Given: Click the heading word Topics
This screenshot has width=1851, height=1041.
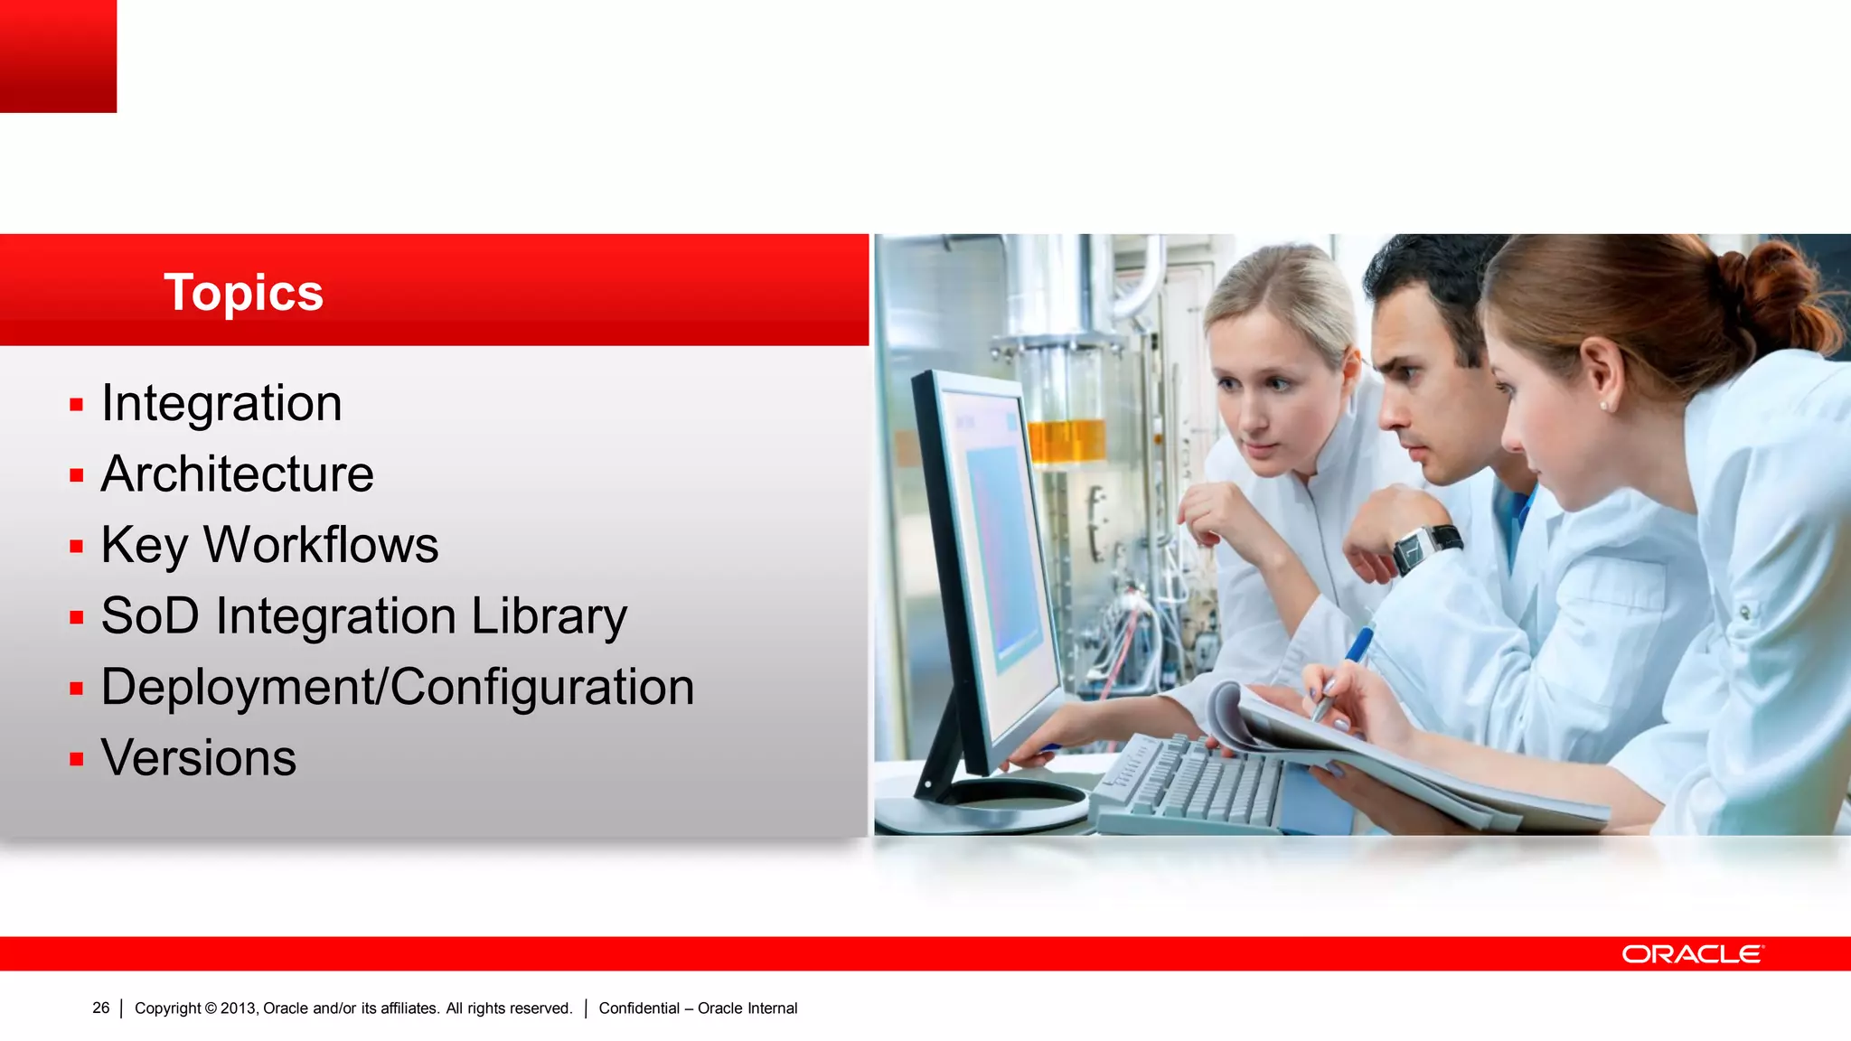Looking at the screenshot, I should (x=243, y=293).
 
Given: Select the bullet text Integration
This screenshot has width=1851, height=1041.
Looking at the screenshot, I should (x=221, y=403).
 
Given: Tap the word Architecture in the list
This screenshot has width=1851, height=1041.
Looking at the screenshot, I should (x=237, y=474).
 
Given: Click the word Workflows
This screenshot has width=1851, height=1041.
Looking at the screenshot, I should (x=321, y=545).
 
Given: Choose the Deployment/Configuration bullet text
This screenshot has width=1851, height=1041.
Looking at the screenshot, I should (x=398, y=688).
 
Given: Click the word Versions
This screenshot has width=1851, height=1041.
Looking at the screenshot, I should (x=199, y=758).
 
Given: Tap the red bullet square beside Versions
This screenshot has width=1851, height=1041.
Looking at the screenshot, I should (x=77, y=759).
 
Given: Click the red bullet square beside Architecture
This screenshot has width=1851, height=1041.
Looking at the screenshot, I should (x=77, y=475).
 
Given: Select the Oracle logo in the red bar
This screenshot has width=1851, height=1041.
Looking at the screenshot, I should (x=1692, y=954).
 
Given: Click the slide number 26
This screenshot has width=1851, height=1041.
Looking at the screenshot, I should (x=100, y=1008).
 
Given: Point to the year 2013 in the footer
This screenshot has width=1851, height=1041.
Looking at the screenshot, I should (x=238, y=1008).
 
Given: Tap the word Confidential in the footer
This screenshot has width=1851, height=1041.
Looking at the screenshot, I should (x=639, y=1008).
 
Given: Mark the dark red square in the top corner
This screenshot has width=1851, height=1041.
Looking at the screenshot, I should (x=58, y=56).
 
